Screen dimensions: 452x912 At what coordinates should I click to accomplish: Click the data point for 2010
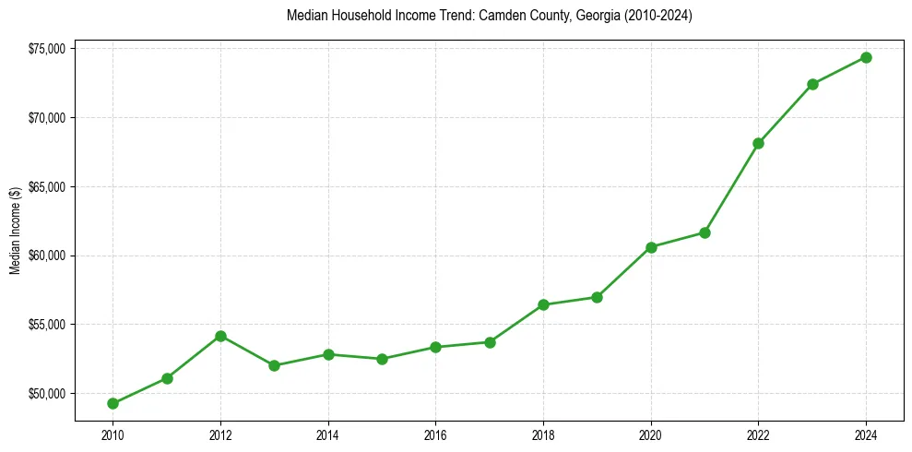point(113,403)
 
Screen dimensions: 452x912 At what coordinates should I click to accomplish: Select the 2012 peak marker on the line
point(220,336)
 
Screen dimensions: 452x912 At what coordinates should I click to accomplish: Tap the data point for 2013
point(274,365)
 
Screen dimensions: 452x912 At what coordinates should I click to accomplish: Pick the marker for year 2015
point(382,359)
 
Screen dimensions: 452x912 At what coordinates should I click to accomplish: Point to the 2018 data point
point(543,304)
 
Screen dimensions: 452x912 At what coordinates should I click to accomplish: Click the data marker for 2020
point(651,247)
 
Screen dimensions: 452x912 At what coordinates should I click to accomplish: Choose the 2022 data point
point(759,143)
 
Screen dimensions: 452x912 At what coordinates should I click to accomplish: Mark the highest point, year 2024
point(866,57)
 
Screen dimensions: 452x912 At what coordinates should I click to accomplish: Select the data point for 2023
point(812,84)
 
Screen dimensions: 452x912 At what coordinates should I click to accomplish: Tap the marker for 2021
point(705,232)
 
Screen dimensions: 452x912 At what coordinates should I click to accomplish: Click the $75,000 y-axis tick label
point(46,49)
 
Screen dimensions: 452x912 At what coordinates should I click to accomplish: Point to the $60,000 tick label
point(46,256)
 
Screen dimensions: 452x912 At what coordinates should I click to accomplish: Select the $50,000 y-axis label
point(46,394)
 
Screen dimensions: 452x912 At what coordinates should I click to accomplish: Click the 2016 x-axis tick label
point(435,434)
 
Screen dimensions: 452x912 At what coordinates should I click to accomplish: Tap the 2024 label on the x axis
point(866,434)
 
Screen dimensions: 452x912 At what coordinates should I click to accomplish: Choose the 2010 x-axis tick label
point(113,434)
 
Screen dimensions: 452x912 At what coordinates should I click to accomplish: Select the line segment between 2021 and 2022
point(732,187)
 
